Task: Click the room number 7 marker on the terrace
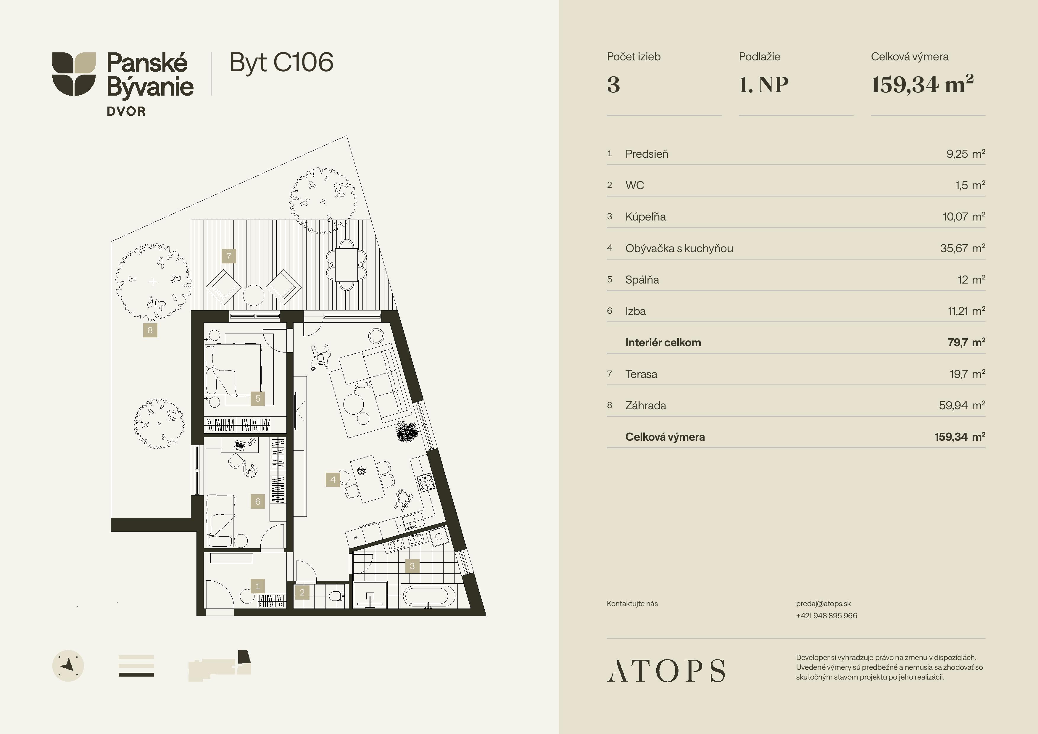click(x=229, y=256)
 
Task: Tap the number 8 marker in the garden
click(x=150, y=330)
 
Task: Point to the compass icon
click(x=68, y=666)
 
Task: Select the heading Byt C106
click(x=281, y=62)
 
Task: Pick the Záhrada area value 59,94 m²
click(x=962, y=405)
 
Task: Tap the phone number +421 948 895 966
click(x=826, y=616)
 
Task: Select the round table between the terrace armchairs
click(x=254, y=296)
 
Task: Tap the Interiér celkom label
click(x=663, y=342)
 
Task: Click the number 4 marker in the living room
click(x=333, y=480)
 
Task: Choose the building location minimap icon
click(x=220, y=666)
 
